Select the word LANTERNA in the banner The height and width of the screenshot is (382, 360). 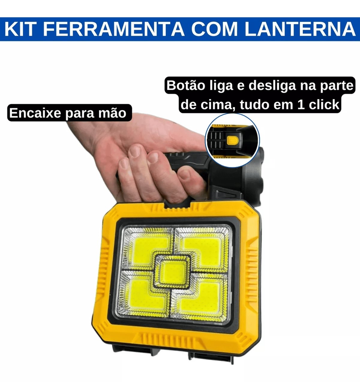(300, 29)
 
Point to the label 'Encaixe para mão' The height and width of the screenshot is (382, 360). (68, 113)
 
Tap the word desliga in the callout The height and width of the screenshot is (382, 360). (272, 86)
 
